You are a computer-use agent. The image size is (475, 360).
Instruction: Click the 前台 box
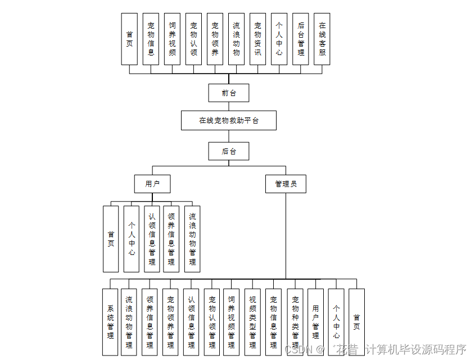228,93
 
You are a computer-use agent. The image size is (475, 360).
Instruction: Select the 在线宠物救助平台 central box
228,120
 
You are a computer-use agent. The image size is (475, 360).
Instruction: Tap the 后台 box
228,151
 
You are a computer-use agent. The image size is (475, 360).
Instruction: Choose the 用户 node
152,184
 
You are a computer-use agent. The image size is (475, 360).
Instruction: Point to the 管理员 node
286,184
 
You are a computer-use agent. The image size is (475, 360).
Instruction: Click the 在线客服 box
322,39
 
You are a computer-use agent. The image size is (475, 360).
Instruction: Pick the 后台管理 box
301,39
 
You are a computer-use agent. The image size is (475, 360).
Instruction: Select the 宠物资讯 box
257,39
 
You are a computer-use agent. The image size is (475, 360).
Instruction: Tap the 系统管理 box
110,322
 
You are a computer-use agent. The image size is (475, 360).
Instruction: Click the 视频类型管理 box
252,322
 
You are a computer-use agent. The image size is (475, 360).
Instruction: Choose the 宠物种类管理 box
295,322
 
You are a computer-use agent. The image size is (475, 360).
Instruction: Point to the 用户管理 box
315,322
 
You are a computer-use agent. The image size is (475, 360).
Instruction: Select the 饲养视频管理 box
231,322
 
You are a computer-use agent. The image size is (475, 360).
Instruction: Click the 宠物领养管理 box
170,322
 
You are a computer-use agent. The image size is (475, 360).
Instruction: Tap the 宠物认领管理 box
212,322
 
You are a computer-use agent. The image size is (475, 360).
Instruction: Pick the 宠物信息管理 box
274,322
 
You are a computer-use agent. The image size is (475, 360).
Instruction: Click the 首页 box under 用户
111,239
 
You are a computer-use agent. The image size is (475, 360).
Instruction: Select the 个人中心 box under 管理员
336,322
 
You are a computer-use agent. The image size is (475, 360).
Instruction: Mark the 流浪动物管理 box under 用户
192,239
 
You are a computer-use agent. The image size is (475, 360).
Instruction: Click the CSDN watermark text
298,349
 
